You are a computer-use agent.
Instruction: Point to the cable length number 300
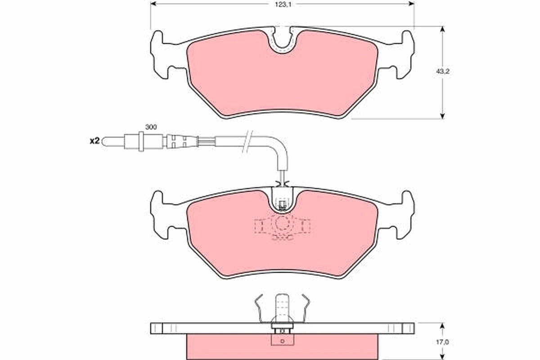pyautogui.click(x=151, y=127)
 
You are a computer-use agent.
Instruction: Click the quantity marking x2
pyautogui.click(x=94, y=141)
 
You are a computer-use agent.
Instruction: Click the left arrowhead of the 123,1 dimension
pyautogui.click(x=153, y=4)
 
